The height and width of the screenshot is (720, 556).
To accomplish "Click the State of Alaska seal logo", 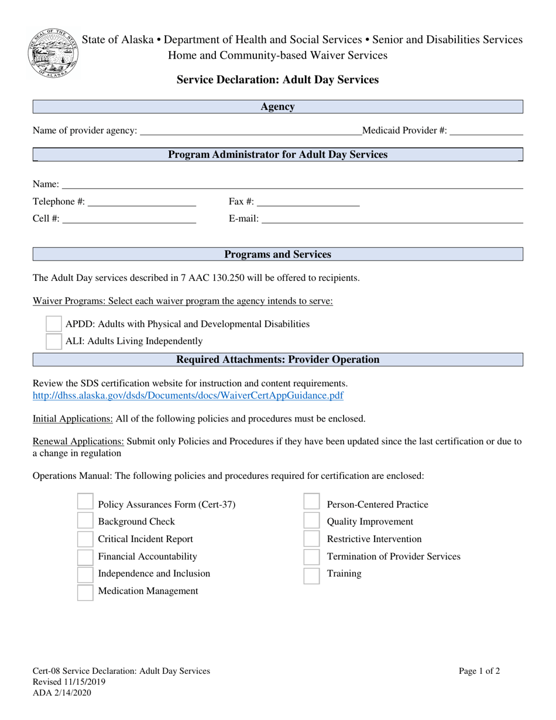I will [x=53, y=53].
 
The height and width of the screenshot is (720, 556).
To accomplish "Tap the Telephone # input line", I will [x=141, y=202].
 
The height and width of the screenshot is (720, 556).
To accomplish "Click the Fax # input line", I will [x=308, y=202].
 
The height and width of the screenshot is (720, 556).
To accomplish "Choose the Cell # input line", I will [x=129, y=219].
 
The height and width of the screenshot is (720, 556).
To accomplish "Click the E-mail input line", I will [x=392, y=219].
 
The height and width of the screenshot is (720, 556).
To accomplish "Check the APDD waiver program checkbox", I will [x=54, y=324].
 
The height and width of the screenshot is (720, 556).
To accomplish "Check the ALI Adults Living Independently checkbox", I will [x=54, y=341].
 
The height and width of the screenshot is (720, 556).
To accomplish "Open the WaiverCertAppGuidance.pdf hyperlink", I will [x=188, y=395].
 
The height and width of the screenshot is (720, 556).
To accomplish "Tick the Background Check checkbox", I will [x=85, y=522].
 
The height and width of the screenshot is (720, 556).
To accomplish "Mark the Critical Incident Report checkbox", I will [x=85, y=539].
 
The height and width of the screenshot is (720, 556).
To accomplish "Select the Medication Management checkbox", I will [x=85, y=591].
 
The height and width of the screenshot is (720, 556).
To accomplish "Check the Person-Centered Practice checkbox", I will [x=311, y=504].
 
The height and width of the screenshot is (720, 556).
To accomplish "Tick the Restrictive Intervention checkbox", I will [x=311, y=539].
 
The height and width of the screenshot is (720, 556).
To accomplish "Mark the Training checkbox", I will [x=311, y=574].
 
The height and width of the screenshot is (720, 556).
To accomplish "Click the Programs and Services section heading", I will [x=277, y=255].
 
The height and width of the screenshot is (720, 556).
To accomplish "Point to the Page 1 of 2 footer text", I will [x=479, y=671].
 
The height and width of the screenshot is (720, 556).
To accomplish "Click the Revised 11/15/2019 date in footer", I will [x=69, y=682].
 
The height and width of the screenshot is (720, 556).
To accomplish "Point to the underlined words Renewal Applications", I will [x=78, y=441].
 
